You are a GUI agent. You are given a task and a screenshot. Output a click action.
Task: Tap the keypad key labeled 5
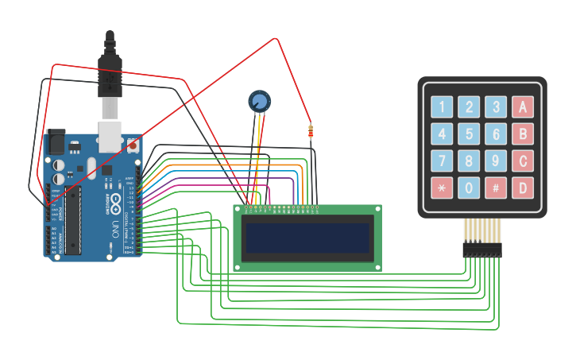pos(470,134)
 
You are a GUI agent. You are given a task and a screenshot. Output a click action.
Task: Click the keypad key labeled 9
pos(496,161)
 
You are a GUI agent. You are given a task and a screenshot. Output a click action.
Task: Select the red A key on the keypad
pos(522,107)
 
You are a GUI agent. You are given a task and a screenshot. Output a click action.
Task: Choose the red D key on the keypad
pos(522,188)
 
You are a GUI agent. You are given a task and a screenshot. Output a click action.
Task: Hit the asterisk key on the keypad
pos(442,188)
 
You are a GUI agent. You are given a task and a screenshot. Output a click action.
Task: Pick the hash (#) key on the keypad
pos(496,188)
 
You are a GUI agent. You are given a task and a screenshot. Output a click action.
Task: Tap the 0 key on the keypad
pos(470,188)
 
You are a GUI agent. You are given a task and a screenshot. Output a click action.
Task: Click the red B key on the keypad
pos(522,134)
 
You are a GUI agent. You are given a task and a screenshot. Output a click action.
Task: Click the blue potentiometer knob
pos(259,101)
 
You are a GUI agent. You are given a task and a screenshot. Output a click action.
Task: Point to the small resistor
pos(310,132)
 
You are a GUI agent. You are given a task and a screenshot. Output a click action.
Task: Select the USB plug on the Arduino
pos(109,87)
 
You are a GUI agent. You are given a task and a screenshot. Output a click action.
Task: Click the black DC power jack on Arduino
pos(55,141)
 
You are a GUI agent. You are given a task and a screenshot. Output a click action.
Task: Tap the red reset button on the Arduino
pos(133,145)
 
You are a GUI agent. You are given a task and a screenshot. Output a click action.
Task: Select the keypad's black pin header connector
pos(482,250)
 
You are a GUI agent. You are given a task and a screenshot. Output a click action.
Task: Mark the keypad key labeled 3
pos(496,107)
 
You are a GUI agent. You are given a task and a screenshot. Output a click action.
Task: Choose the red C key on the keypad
pos(522,161)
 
